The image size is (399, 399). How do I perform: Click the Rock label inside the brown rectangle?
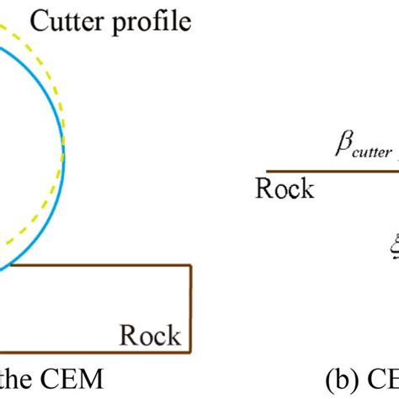(150, 336)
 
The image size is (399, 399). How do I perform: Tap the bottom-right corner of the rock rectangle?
(192, 353)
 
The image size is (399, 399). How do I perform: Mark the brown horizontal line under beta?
(328, 171)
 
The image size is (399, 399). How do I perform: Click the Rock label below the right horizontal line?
(285, 188)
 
